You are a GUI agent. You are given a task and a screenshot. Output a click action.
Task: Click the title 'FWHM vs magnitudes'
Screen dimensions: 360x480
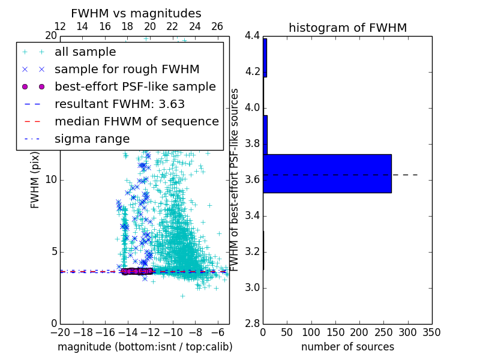136,14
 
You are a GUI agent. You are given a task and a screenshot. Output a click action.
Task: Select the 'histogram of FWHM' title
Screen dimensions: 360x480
347,28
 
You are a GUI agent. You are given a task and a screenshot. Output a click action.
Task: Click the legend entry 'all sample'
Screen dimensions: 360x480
85,52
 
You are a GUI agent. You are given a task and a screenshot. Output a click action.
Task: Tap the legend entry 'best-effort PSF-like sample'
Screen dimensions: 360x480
135,86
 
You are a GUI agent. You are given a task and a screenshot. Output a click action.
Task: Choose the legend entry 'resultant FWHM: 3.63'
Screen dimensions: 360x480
119,104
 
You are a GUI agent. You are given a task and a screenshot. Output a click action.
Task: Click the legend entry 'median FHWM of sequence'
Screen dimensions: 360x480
136,121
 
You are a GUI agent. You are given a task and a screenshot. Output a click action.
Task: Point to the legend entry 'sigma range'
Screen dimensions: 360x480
92,139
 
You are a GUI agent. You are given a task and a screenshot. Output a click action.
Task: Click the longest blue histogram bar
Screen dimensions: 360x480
327,173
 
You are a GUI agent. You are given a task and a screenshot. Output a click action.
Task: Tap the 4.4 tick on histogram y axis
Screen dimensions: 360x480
252,36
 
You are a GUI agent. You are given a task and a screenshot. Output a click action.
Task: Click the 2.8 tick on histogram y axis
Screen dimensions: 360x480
252,323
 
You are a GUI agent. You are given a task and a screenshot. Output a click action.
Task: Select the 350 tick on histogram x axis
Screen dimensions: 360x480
431,332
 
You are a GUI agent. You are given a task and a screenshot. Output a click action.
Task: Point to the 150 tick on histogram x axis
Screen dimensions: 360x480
335,332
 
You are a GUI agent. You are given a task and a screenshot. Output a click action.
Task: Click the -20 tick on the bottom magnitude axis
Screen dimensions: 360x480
60,332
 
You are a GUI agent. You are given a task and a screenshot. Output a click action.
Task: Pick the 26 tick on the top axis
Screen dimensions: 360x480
217,26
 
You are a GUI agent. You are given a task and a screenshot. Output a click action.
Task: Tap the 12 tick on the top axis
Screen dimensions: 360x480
60,26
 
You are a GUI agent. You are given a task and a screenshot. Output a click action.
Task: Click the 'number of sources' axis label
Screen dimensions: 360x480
347,347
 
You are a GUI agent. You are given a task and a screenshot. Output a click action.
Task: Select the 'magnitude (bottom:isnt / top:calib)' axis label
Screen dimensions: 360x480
145,347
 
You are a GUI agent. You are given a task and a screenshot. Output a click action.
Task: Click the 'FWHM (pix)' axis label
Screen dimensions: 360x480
35,180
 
